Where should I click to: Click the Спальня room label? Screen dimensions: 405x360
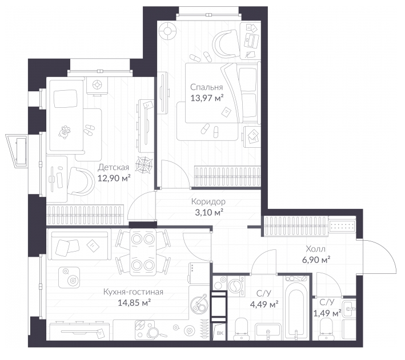206,87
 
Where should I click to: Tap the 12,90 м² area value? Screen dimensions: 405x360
114,178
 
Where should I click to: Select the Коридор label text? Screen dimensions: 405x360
208,201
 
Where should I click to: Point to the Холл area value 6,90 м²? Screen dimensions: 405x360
316,260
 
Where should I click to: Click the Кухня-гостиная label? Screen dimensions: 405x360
133,292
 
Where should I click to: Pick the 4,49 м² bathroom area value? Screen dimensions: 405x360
264,305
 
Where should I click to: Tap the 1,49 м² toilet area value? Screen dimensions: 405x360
327,313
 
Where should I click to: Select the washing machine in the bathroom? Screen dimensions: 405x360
236,286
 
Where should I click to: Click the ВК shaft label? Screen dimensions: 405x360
220,333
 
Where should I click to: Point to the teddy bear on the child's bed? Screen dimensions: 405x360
65,132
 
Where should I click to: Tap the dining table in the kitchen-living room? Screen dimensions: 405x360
143,252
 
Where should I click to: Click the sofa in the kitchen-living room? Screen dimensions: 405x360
79,245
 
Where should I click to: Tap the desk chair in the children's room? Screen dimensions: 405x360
81,181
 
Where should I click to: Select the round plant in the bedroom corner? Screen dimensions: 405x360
167,31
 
